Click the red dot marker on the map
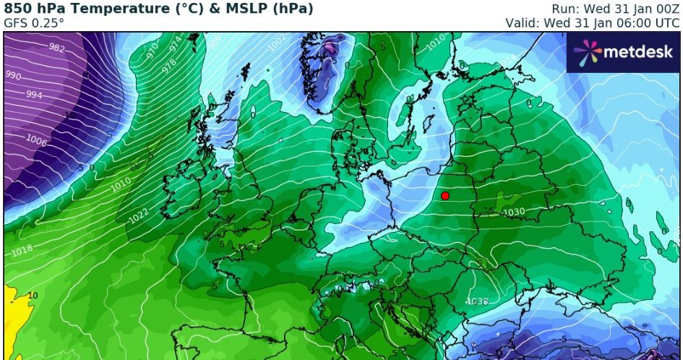pyautogui.click(x=445, y=196)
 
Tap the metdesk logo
pyautogui.click(x=623, y=52)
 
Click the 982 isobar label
pyautogui.click(x=56, y=48)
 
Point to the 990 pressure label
pyautogui.click(x=14, y=75)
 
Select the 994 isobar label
pyautogui.click(x=34, y=95)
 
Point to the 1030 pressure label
pyautogui.click(x=514, y=212)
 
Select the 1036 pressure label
pyautogui.click(x=478, y=301)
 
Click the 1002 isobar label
pyautogui.click(x=277, y=44)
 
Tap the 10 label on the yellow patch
pyautogui.click(x=33, y=295)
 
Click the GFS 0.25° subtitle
pyautogui.click(x=35, y=23)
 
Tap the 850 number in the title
pyautogui.click(x=17, y=9)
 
